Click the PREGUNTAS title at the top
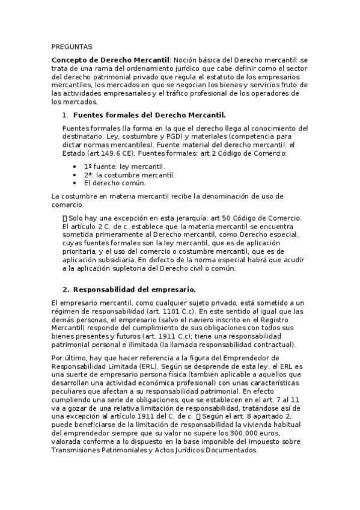point(72,46)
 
